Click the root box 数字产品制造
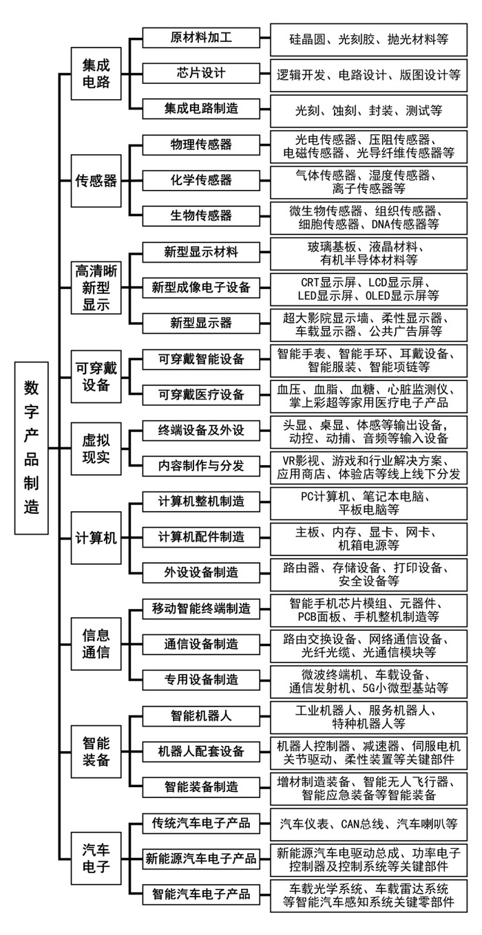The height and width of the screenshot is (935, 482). [x=31, y=448]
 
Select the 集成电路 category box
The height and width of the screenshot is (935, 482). [x=96, y=74]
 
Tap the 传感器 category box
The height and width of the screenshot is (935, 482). [x=96, y=181]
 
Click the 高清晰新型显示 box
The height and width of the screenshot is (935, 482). [x=96, y=288]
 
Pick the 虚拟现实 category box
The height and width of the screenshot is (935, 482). [x=96, y=449]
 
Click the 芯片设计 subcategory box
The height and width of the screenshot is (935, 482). [x=201, y=73]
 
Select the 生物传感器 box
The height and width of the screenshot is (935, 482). [x=201, y=216]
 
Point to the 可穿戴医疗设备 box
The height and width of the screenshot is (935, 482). [x=201, y=395]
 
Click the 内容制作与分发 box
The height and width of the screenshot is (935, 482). [x=201, y=466]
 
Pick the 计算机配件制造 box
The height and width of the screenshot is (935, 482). [x=201, y=537]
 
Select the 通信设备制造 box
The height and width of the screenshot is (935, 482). [x=201, y=645]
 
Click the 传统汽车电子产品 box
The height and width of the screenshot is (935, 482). [x=201, y=823]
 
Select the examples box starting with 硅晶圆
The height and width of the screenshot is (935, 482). [x=369, y=40]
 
